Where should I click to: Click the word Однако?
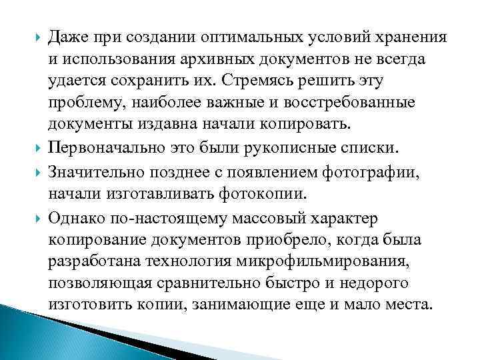point(74,217)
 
